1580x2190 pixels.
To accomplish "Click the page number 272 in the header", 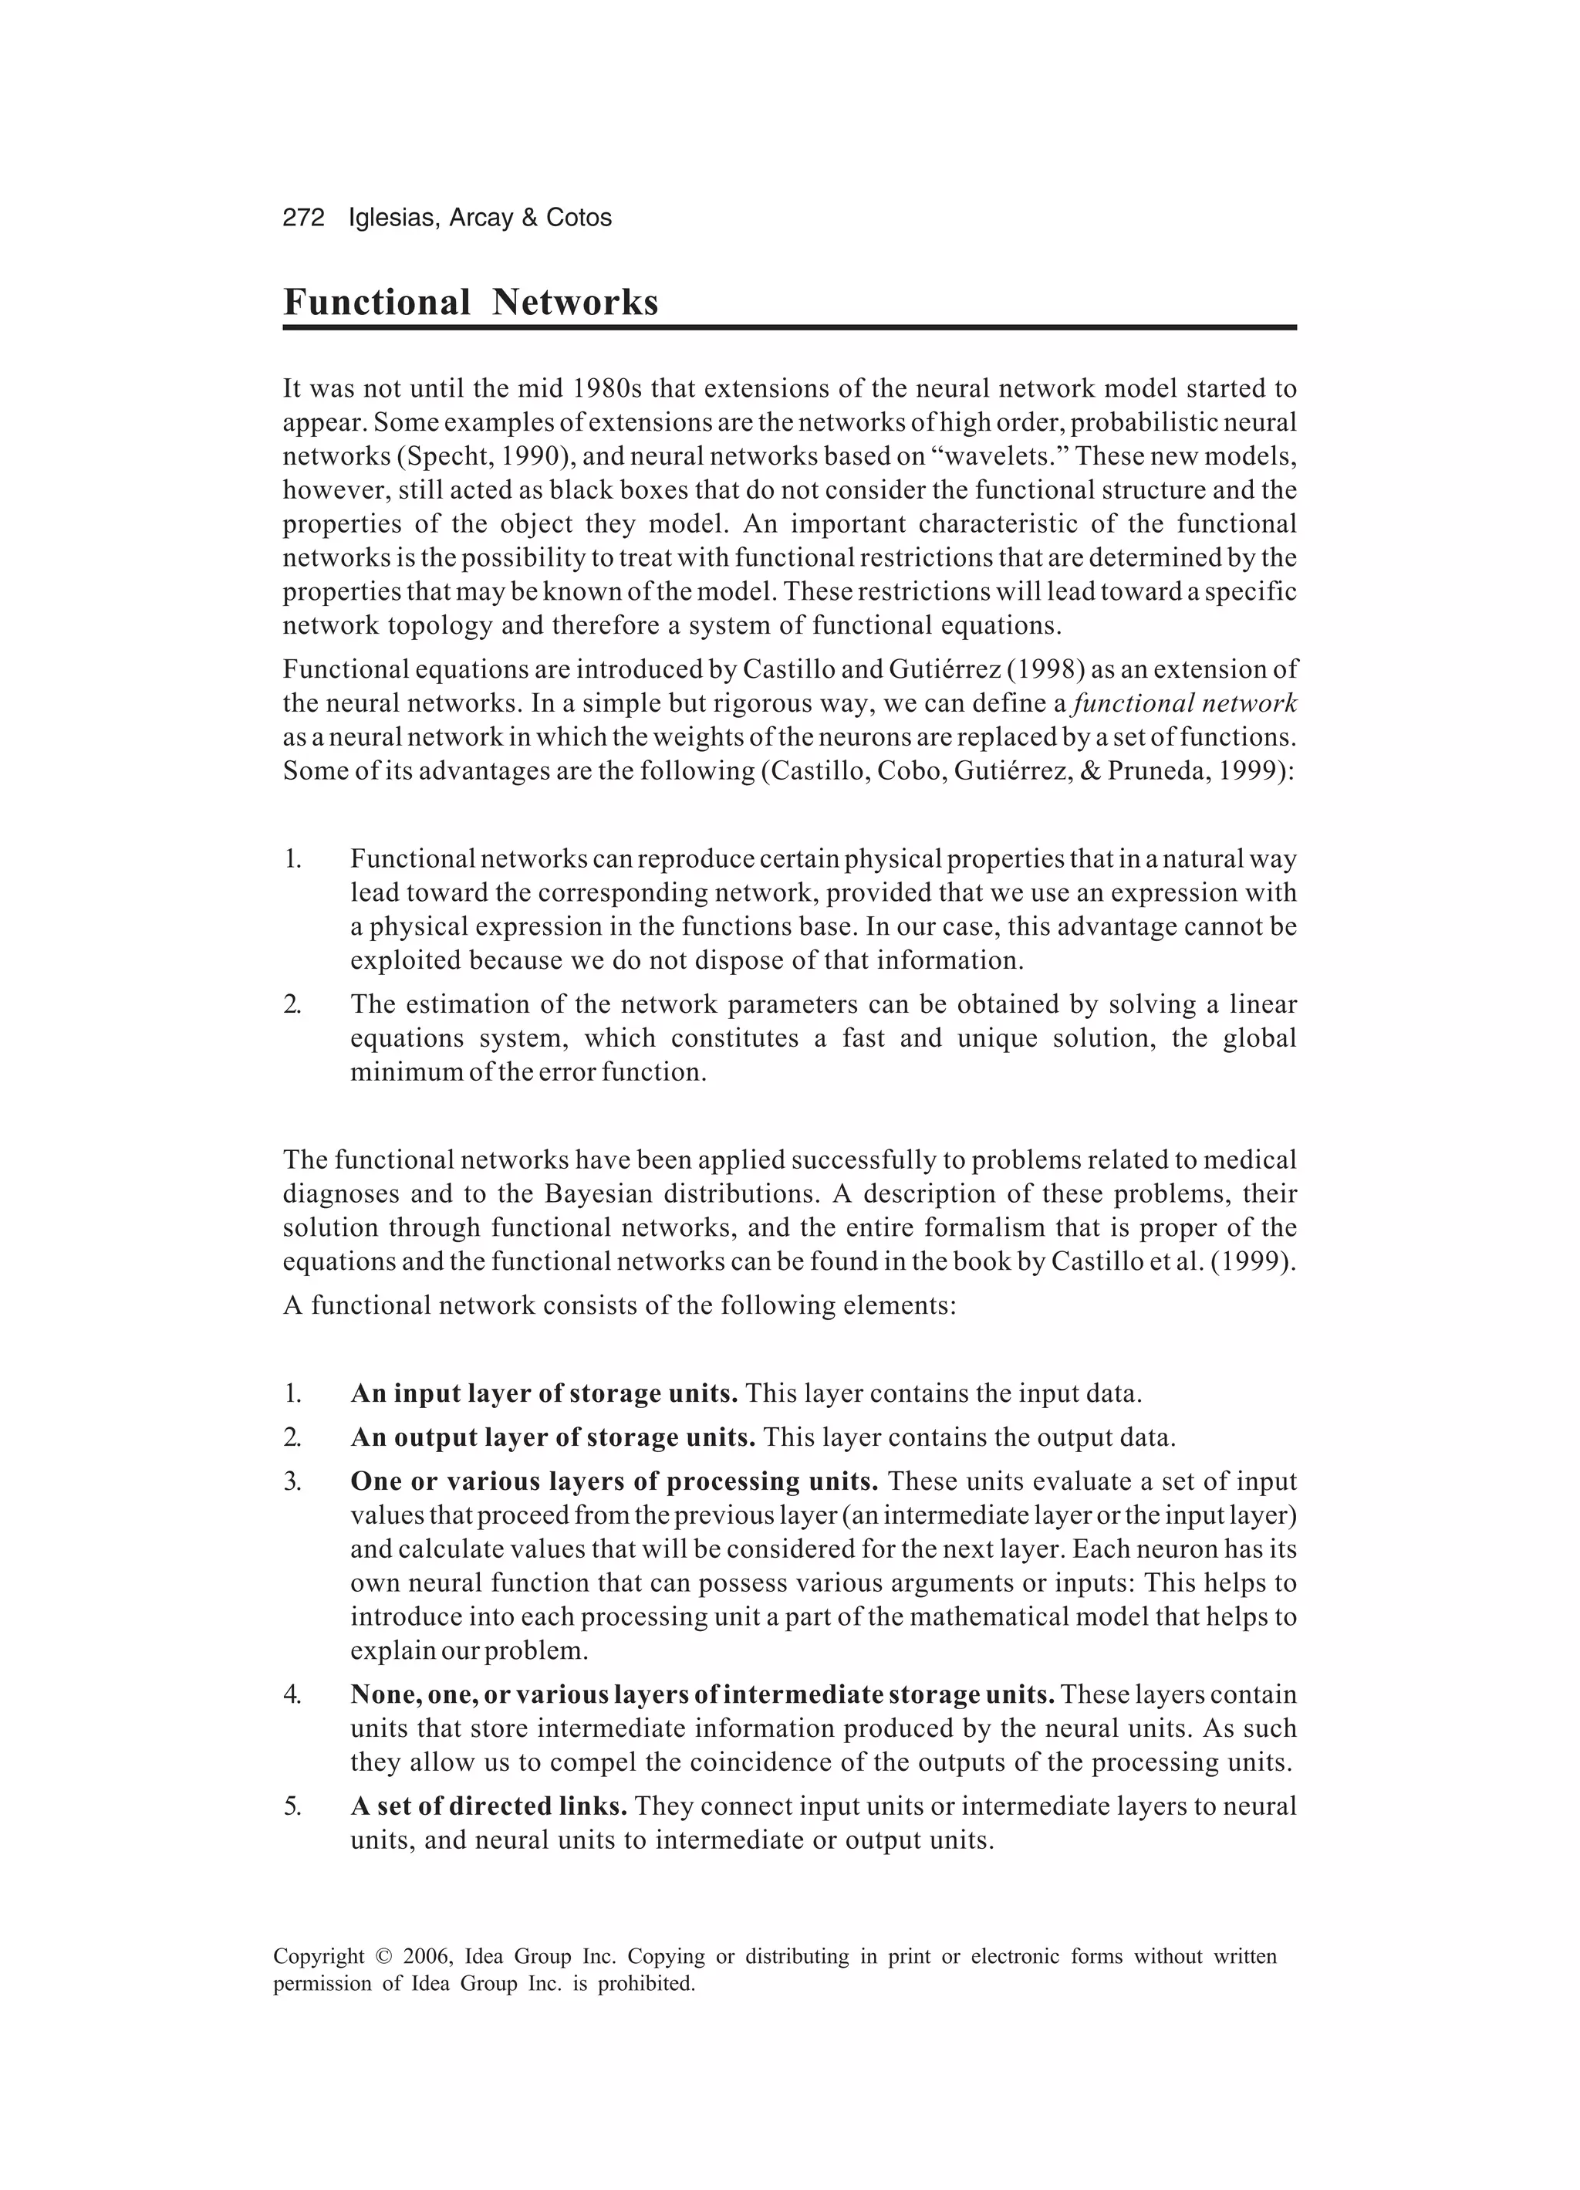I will click(303, 218).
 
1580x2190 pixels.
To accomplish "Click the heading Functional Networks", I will click(470, 303).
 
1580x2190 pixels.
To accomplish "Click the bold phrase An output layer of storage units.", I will click(552, 1438).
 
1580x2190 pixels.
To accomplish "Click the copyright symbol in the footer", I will click(383, 1958).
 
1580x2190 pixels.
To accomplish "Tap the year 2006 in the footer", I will click(426, 1958).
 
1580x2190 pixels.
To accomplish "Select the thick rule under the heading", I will click(788, 328).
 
